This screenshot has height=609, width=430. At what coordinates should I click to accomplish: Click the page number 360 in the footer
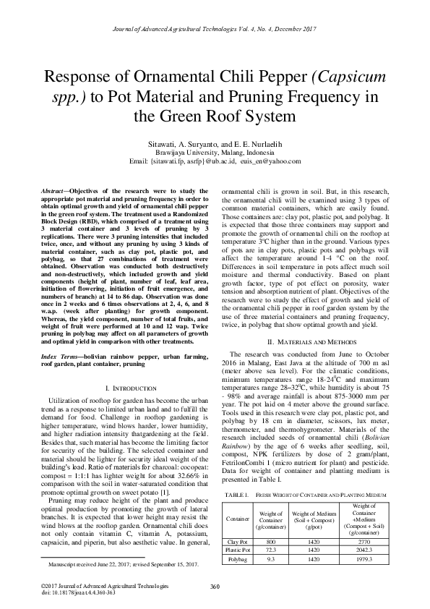point(215,586)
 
